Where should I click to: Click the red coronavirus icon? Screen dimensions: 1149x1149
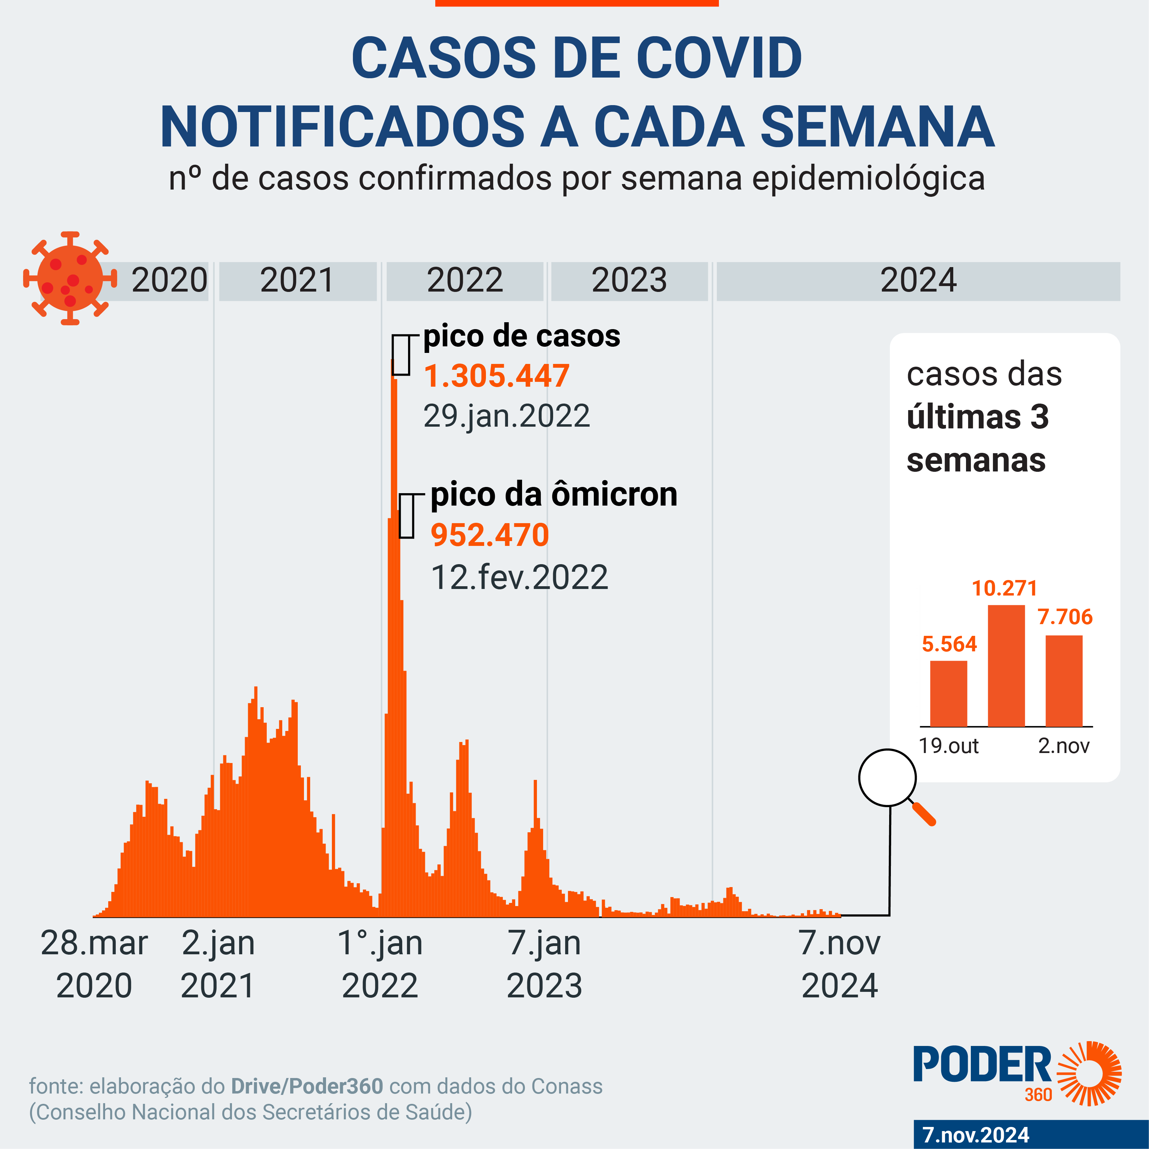click(70, 278)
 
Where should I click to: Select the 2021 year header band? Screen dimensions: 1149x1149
click(297, 281)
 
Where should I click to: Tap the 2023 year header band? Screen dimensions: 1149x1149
click(629, 281)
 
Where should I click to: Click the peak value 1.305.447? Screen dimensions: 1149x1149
click(497, 376)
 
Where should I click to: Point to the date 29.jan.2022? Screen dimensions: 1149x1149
click(506, 416)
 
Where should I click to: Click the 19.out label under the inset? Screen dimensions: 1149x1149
click(948, 746)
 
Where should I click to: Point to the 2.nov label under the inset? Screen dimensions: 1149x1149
click(1064, 746)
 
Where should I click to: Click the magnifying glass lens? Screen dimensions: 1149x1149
click(887, 777)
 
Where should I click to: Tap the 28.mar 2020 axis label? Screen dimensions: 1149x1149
click(94, 964)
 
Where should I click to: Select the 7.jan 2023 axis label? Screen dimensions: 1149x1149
click(544, 964)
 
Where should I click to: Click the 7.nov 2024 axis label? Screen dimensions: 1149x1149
click(840, 964)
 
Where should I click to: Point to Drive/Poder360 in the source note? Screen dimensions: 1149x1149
click(307, 1087)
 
